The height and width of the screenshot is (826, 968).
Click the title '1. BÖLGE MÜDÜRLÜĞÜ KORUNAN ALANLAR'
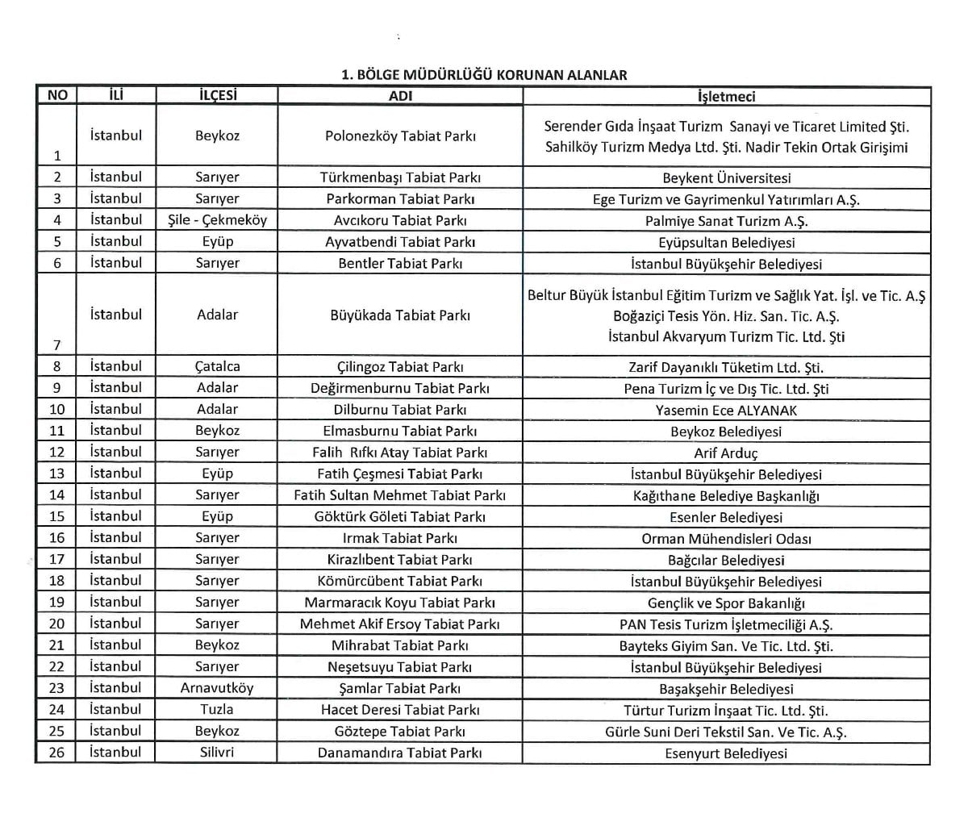coord(484,75)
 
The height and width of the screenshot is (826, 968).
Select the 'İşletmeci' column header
coord(726,96)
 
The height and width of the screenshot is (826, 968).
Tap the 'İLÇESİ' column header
coord(217,95)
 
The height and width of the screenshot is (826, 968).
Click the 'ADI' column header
coord(400,96)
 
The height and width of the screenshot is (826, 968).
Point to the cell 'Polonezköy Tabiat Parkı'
coord(400,136)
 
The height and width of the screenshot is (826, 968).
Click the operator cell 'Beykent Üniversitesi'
coord(726,178)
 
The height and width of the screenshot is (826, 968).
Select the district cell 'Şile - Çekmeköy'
coord(217,220)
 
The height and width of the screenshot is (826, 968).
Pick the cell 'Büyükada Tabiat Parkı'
coord(400,315)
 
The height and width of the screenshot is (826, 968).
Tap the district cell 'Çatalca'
coord(217,367)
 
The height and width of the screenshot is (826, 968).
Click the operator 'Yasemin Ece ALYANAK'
coord(726,411)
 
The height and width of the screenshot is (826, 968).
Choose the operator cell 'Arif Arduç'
coord(726,453)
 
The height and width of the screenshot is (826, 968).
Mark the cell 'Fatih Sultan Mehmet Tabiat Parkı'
coord(400,495)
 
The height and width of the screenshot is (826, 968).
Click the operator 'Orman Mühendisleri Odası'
coord(726,539)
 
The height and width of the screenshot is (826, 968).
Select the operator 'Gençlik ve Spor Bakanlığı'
coord(726,603)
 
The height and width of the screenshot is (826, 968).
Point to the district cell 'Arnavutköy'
coord(217,688)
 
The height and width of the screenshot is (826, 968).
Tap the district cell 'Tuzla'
coord(217,710)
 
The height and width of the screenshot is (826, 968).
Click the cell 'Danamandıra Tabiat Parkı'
coord(400,753)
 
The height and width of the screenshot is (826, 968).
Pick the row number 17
coord(56,560)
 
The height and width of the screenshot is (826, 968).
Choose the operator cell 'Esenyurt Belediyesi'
coord(726,753)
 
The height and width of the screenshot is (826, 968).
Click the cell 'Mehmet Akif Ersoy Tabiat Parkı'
coord(400,624)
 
